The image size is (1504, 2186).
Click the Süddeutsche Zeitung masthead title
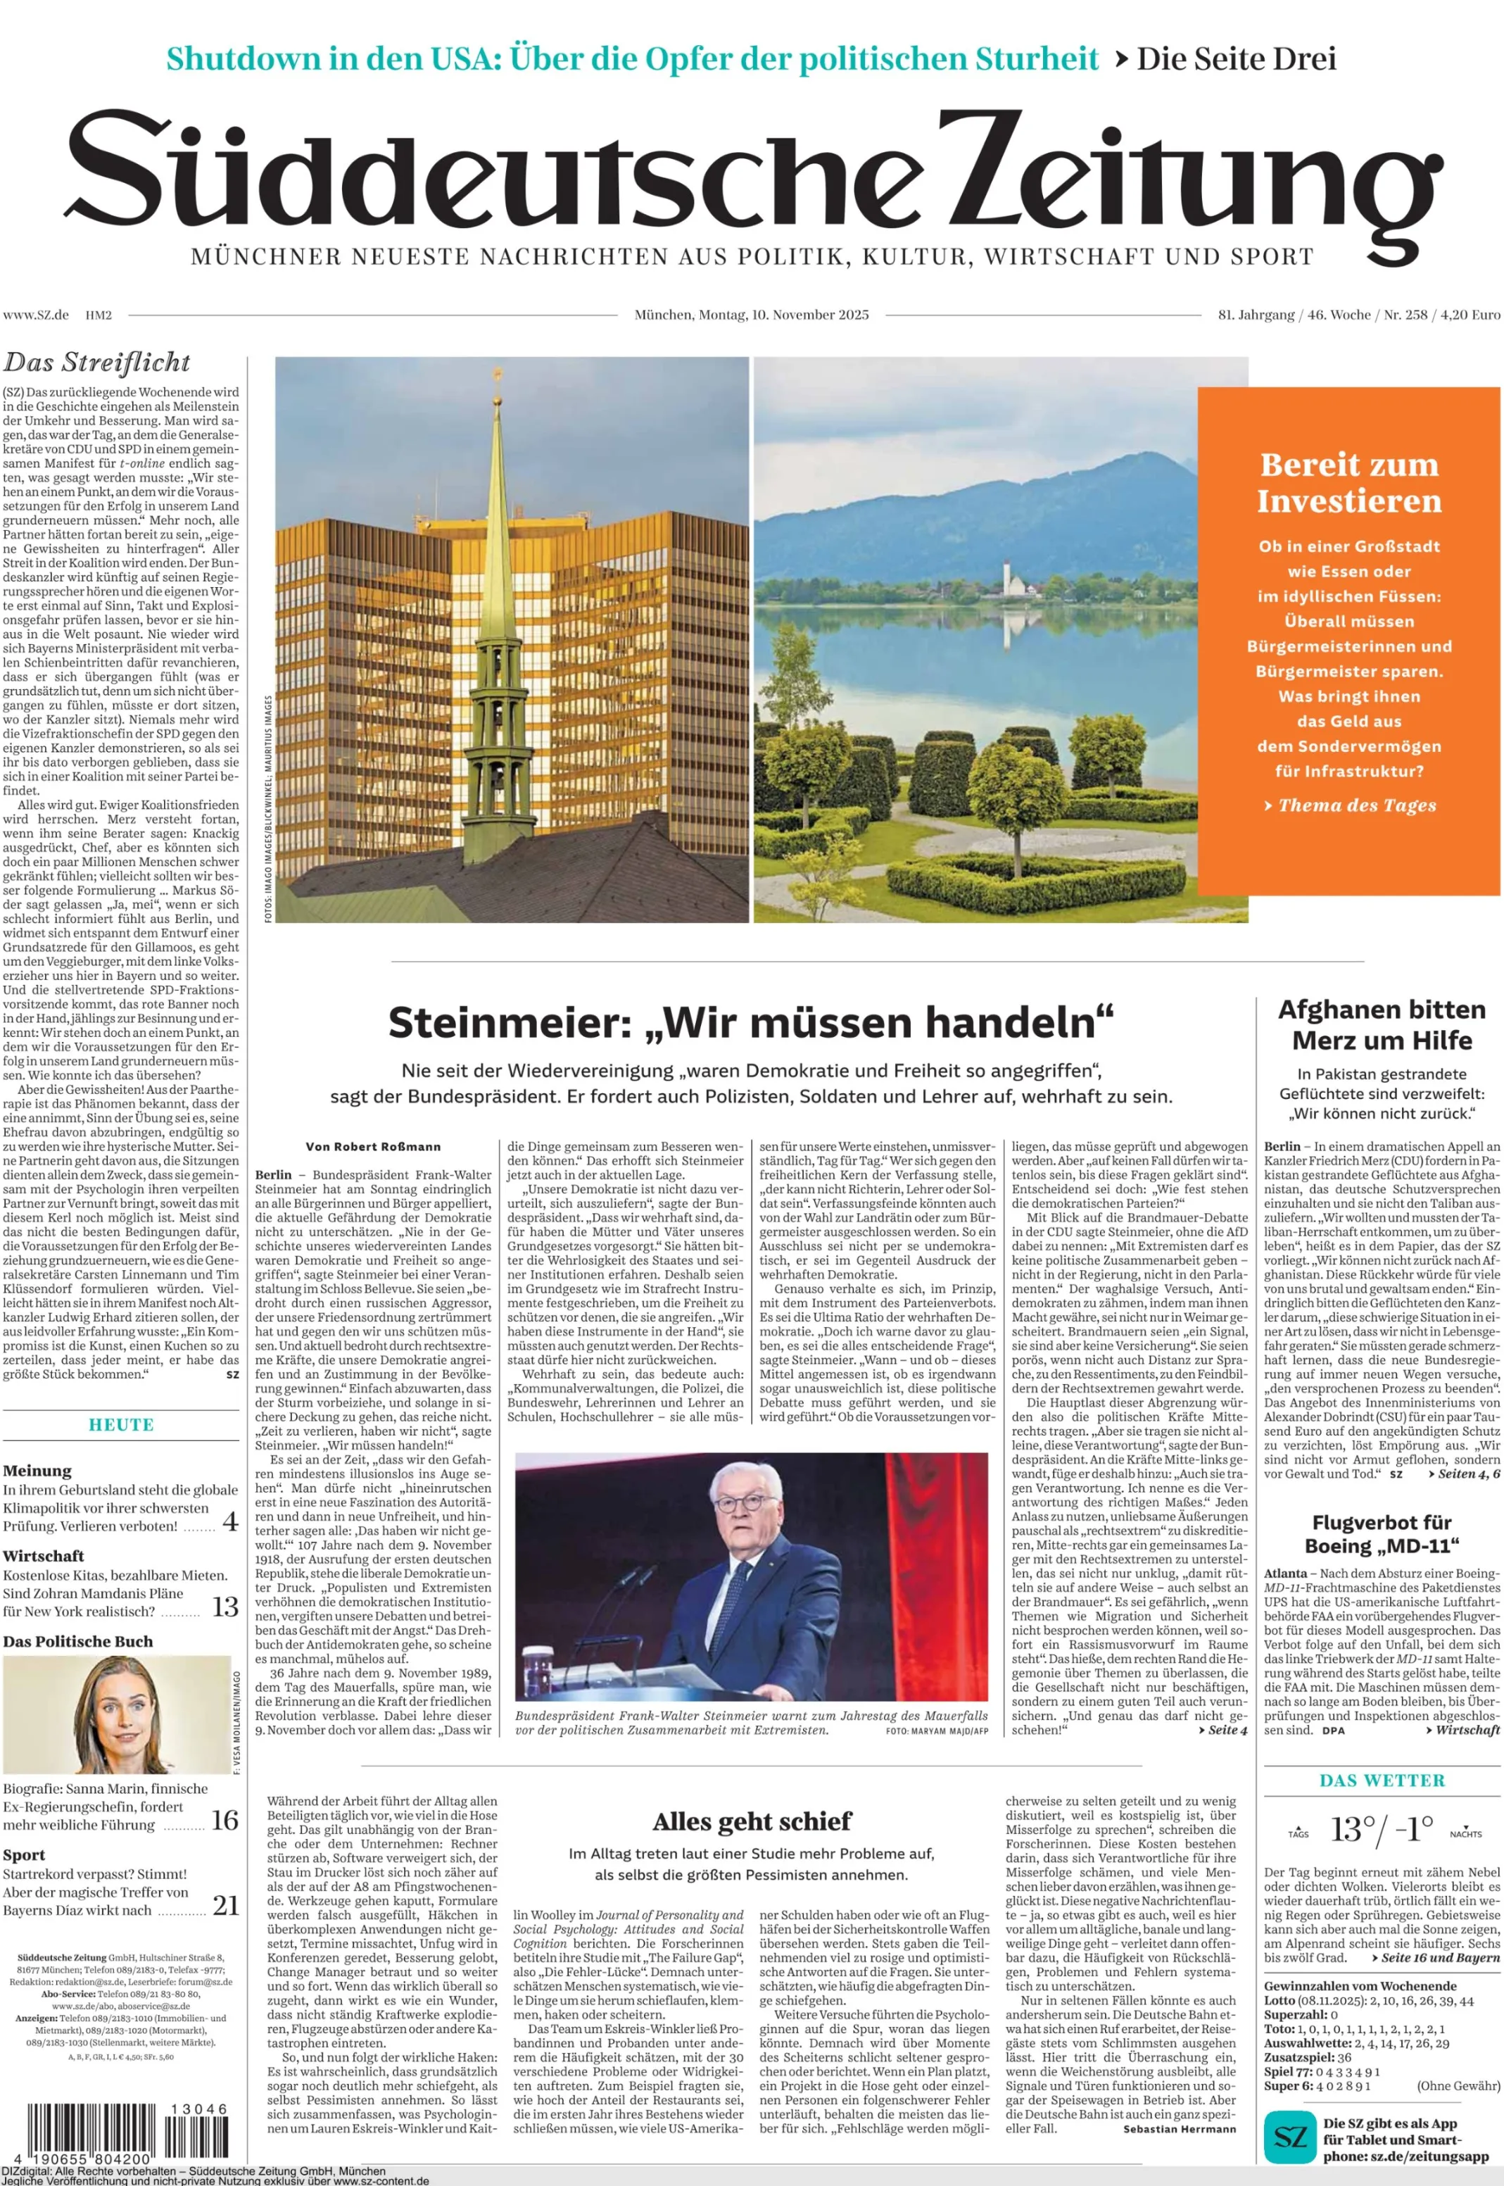click(x=752, y=179)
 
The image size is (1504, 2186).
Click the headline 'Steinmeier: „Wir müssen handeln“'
click(x=751, y=1023)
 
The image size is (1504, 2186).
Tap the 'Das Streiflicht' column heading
click(x=97, y=363)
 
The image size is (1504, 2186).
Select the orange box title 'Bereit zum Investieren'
click(x=1348, y=483)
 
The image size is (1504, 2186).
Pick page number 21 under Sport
click(x=225, y=1905)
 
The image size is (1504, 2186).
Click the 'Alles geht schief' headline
click(x=752, y=1821)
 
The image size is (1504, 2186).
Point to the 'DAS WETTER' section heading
click(x=1382, y=1780)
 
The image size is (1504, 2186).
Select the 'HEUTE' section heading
click(x=120, y=1424)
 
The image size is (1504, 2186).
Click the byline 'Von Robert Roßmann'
click(x=373, y=1146)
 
